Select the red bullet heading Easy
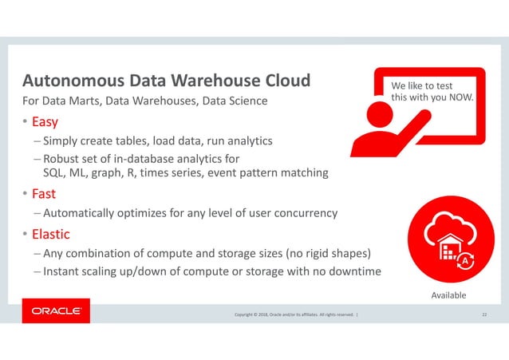[x=45, y=123]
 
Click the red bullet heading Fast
[x=43, y=194]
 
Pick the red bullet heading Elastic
[x=51, y=235]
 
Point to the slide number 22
[x=483, y=315]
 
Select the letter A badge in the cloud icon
[x=464, y=260]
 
